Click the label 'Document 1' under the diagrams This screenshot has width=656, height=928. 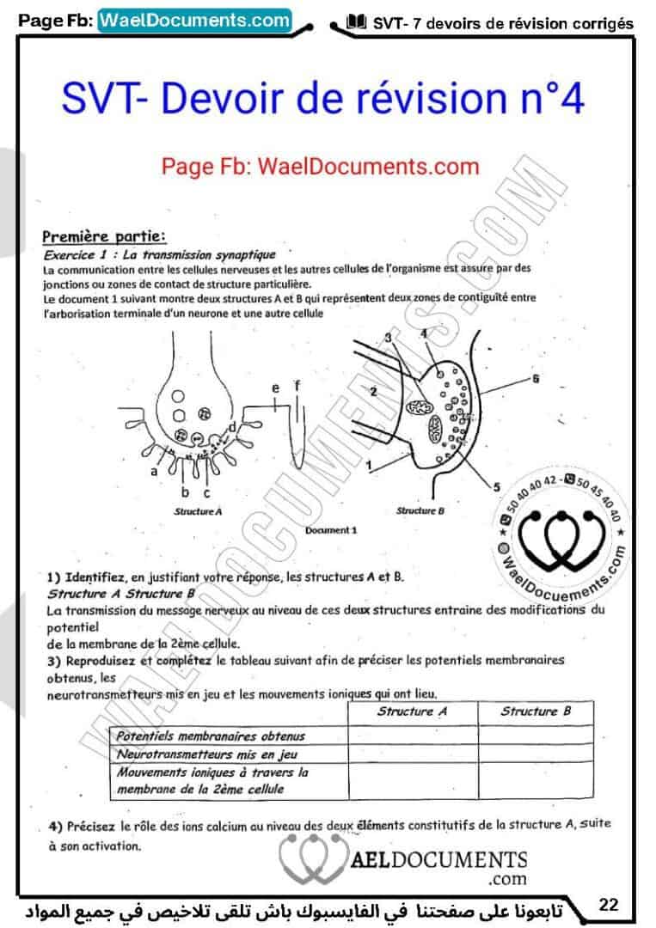click(x=330, y=530)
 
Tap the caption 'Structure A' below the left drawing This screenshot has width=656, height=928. click(x=198, y=510)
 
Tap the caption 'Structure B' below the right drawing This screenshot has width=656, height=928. click(x=420, y=510)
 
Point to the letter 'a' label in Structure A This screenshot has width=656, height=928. click(x=154, y=472)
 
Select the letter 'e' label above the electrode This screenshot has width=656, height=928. click(x=275, y=389)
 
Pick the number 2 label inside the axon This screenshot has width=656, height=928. click(x=373, y=393)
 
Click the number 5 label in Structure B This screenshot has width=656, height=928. click(x=496, y=487)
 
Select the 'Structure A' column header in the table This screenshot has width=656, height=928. click(x=412, y=711)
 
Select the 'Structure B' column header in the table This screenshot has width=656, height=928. click(x=535, y=711)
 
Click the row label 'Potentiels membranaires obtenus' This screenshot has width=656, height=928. click(x=211, y=736)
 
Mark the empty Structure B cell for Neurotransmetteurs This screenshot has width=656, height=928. click(x=535, y=754)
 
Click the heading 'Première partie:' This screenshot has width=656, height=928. click(x=104, y=235)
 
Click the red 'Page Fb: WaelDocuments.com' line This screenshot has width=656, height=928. click(x=320, y=165)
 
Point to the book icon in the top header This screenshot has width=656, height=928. click(x=354, y=22)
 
